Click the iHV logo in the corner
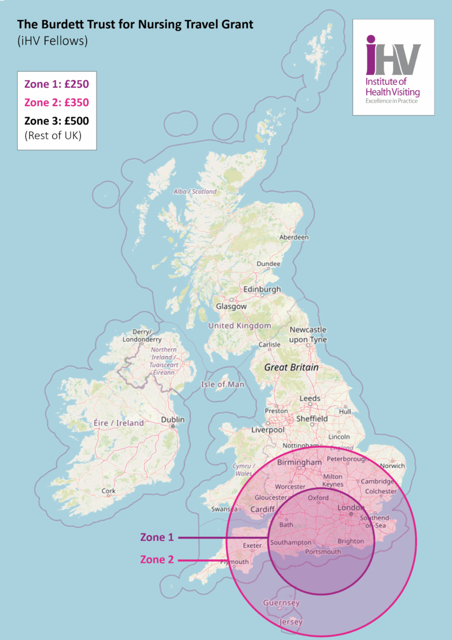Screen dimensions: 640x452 393,67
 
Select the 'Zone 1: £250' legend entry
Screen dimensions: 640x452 56,83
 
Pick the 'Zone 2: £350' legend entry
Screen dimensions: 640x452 56,102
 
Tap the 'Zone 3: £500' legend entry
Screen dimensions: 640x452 56,121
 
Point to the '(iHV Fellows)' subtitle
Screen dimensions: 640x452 52,41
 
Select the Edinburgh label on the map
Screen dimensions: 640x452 262,289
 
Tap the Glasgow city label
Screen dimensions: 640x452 231,306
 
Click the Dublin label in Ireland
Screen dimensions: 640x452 172,420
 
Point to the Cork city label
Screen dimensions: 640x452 108,490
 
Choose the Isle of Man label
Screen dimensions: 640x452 222,384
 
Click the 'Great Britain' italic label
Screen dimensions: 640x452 291,367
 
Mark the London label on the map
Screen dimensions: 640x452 351,507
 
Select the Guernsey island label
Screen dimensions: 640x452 281,603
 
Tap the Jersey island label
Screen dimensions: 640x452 291,622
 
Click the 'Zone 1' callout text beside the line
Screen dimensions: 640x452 157,537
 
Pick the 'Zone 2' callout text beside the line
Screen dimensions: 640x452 157,559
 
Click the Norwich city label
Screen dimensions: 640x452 392,466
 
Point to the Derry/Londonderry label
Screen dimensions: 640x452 142,335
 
